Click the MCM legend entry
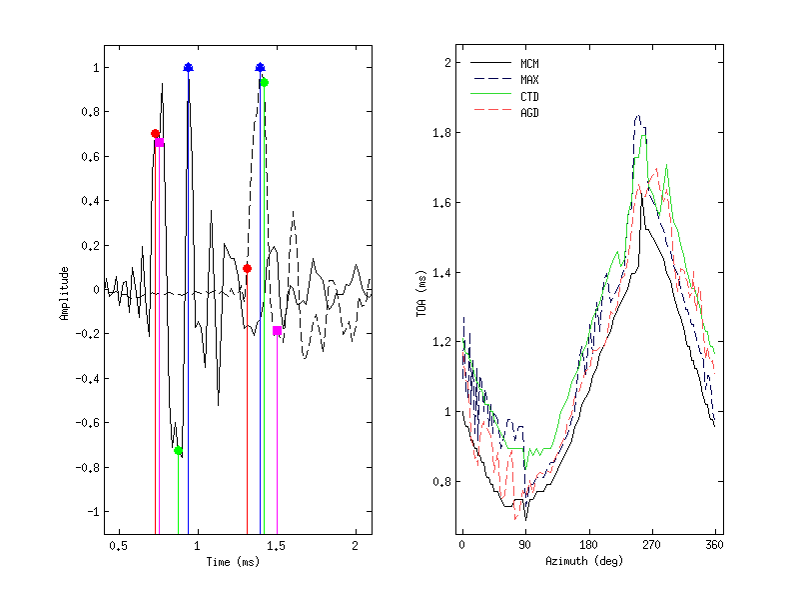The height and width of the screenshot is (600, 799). (x=529, y=64)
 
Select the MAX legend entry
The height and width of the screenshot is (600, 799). (x=529, y=80)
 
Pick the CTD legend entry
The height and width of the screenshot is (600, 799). (x=529, y=96)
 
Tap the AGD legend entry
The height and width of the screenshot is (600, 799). (x=529, y=112)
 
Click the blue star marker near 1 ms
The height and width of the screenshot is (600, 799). (x=188, y=68)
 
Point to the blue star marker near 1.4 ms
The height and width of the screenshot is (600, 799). (x=260, y=68)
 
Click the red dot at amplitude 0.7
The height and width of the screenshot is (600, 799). (x=155, y=133)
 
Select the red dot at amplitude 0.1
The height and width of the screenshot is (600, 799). (x=247, y=268)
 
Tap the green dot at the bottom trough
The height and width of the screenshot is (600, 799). (x=178, y=451)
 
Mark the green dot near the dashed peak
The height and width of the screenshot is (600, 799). (x=264, y=82)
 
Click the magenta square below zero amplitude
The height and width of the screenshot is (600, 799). (x=277, y=330)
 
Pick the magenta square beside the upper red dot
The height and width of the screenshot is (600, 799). (x=159, y=143)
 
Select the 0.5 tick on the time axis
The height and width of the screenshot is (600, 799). (x=118, y=546)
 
